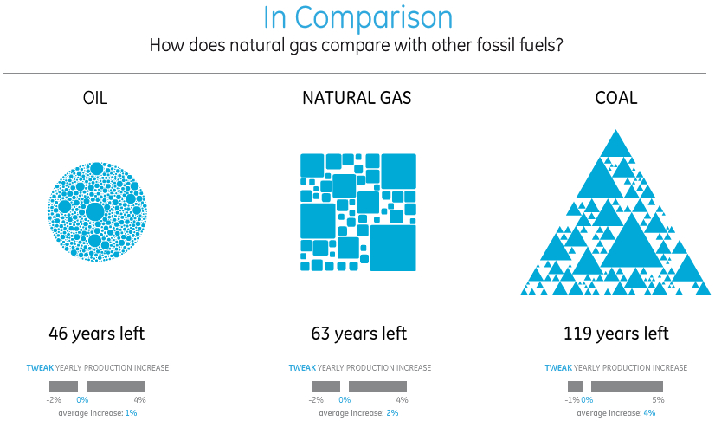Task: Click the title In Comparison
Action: pyautogui.click(x=358, y=18)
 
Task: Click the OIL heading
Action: pyautogui.click(x=95, y=98)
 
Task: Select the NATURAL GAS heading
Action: pyautogui.click(x=357, y=98)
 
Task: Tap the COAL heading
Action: pyautogui.click(x=616, y=98)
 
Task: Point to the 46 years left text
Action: pyautogui.click(x=97, y=334)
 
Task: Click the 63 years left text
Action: pyautogui.click(x=359, y=334)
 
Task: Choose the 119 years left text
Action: pyautogui.click(x=616, y=334)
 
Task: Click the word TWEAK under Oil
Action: pyautogui.click(x=40, y=367)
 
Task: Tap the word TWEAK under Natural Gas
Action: pyautogui.click(x=302, y=367)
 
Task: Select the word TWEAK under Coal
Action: pyautogui.click(x=558, y=367)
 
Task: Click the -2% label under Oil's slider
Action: pyautogui.click(x=54, y=400)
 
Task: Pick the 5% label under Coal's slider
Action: pyautogui.click(x=658, y=400)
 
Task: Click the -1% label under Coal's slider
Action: pyautogui.click(x=572, y=400)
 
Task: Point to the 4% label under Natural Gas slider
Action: pyautogui.click(x=402, y=400)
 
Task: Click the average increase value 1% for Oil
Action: pyautogui.click(x=132, y=413)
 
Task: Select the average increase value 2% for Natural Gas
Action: pyautogui.click(x=392, y=413)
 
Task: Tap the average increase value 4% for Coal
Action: pyautogui.click(x=649, y=413)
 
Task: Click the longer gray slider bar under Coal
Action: pyautogui.click(x=627, y=386)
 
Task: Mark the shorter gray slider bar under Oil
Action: pyautogui.click(x=63, y=386)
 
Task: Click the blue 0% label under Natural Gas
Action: pyautogui.click(x=345, y=400)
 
